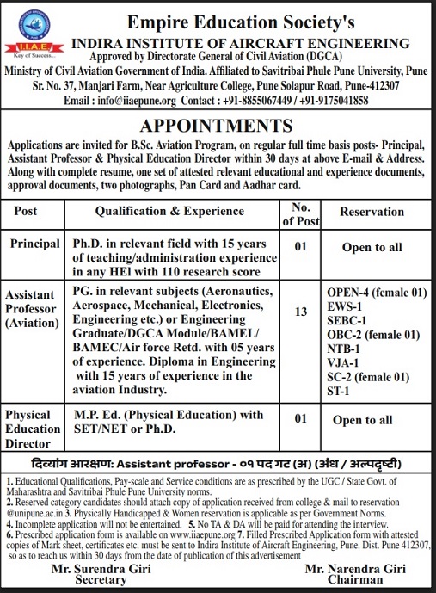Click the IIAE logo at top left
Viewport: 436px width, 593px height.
(28, 34)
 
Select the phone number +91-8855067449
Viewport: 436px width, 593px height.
(279, 100)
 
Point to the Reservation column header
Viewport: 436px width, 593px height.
(372, 211)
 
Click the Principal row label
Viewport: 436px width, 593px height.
(35, 244)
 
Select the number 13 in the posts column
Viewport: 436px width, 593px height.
(301, 312)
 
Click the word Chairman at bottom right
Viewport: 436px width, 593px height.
(349, 583)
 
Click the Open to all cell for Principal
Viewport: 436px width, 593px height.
(372, 248)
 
